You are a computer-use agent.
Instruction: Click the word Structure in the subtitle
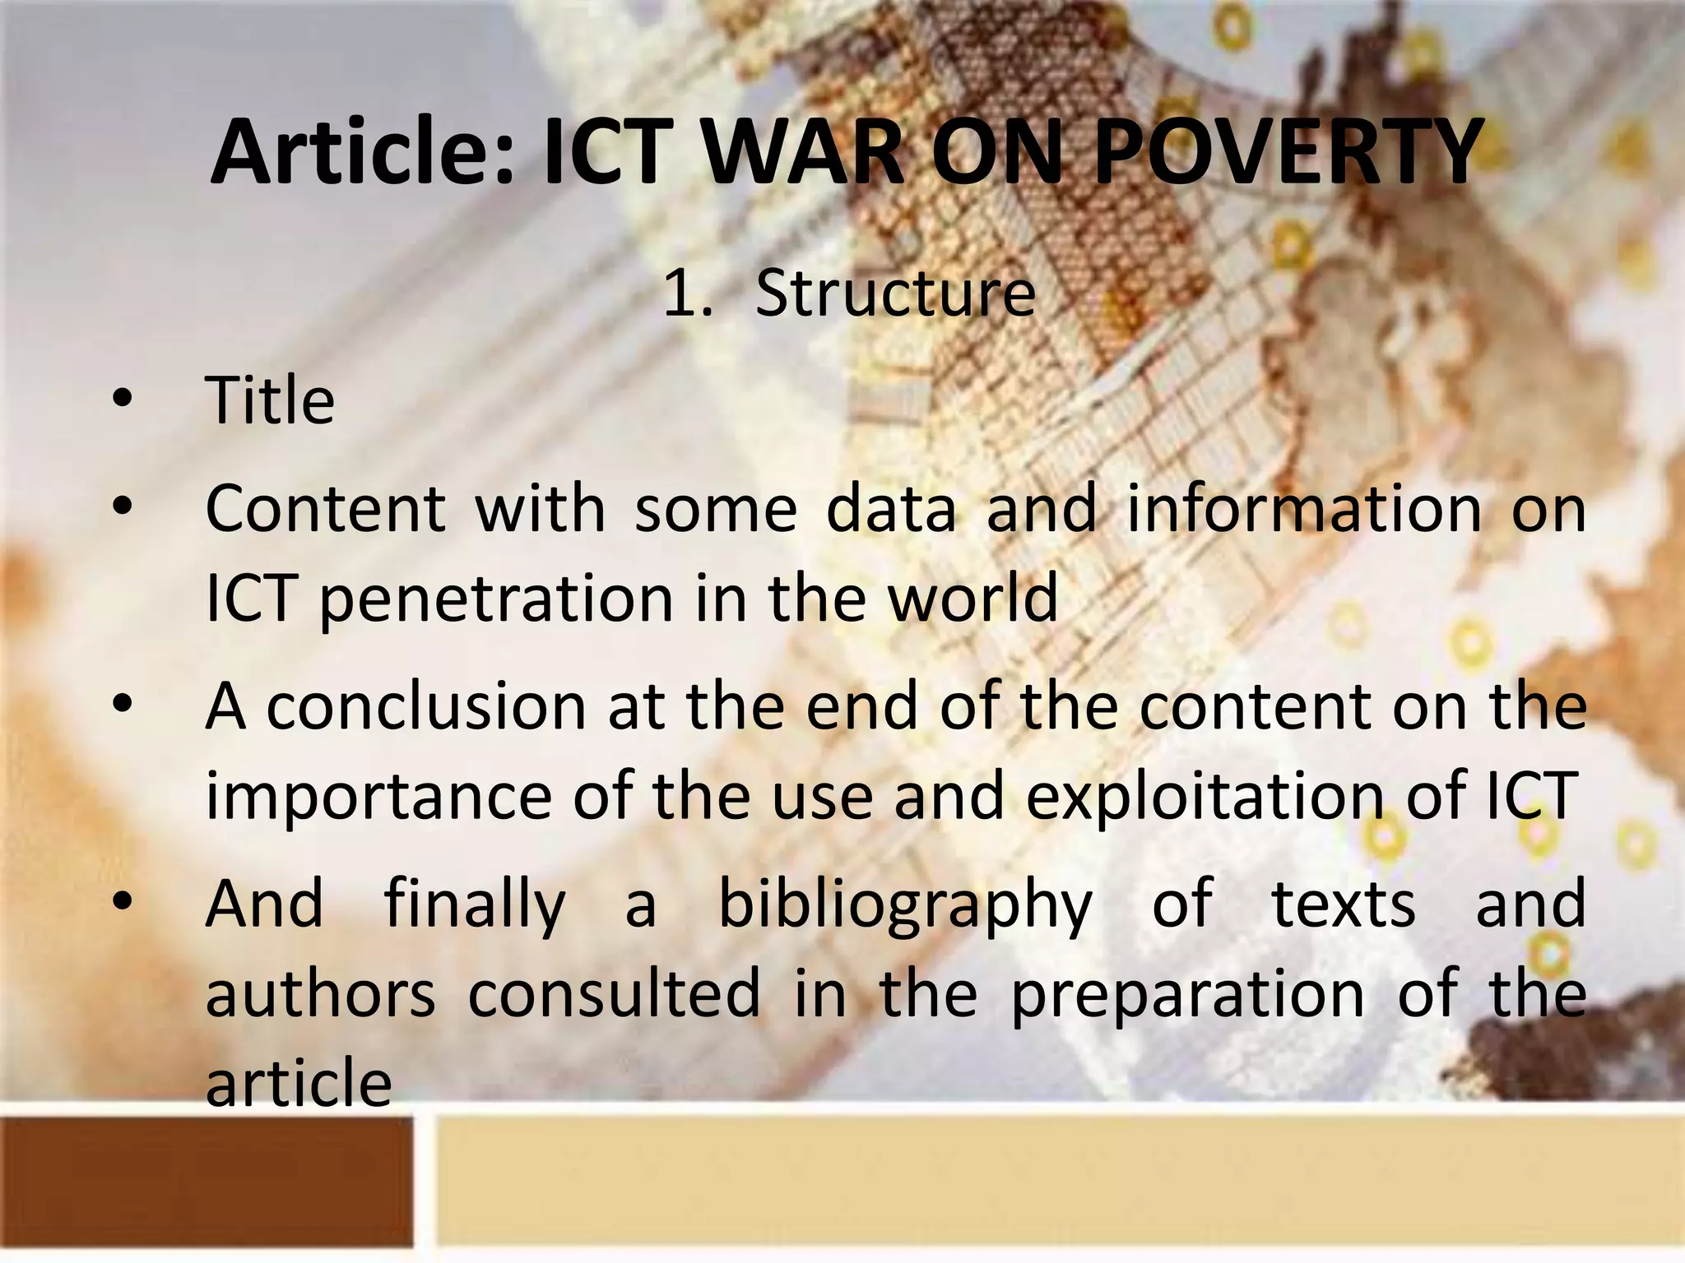(895, 294)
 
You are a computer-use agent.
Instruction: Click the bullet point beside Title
(123, 400)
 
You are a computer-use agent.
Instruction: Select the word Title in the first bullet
(270, 400)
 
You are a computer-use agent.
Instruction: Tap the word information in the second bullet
(1304, 509)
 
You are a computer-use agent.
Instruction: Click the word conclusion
(425, 707)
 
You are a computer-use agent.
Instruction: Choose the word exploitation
(1208, 796)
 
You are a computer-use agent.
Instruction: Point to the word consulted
(614, 994)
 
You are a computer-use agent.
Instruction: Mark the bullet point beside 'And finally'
(123, 903)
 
